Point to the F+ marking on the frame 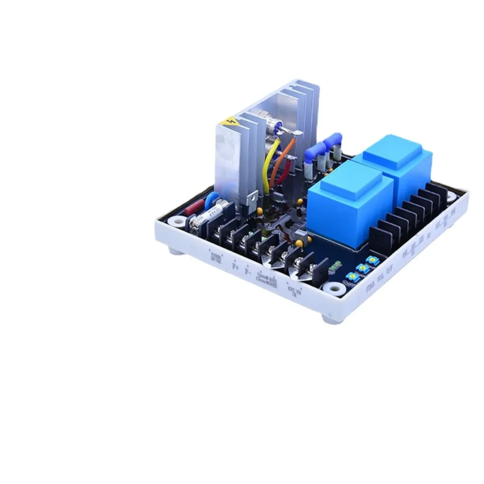pos(236,265)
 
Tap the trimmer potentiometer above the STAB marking pos(353,276)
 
